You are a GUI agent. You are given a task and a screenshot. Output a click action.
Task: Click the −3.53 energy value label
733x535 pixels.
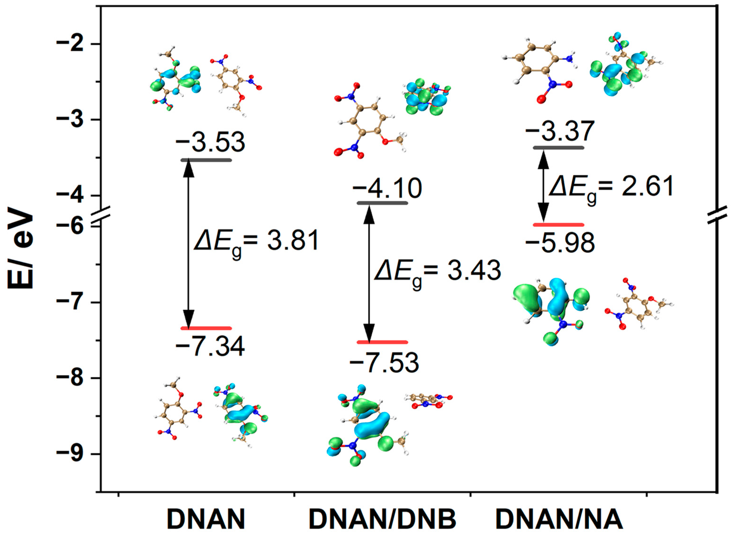pos(210,143)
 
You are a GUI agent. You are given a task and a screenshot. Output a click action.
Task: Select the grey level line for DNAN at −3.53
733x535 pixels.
pos(206,160)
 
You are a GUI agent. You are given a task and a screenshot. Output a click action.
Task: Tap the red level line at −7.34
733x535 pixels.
pos(206,328)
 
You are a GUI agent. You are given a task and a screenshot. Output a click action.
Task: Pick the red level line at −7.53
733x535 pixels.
pos(382,342)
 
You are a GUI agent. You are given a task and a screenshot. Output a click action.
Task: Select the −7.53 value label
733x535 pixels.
pos(384,363)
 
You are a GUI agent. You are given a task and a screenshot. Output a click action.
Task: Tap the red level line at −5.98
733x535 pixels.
pos(558,224)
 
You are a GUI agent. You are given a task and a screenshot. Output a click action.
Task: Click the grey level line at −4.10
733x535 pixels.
pos(382,203)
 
